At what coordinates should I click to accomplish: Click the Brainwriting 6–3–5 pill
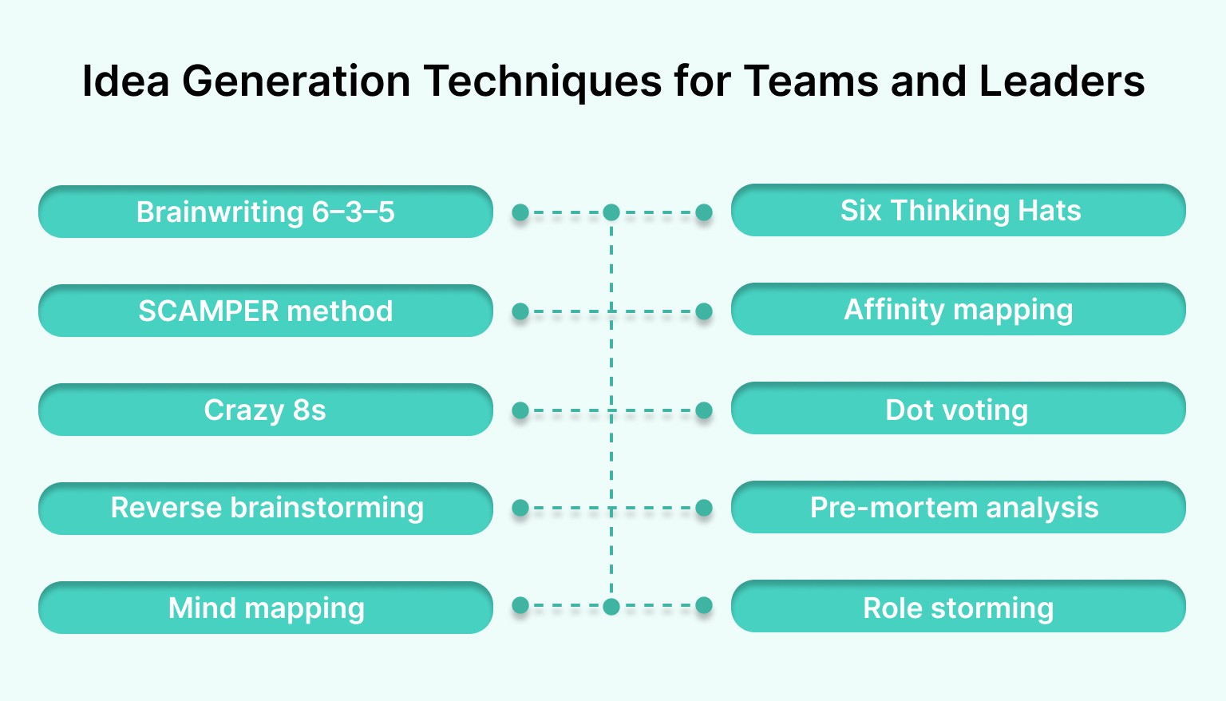click(265, 212)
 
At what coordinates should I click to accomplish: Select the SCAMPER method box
click(265, 311)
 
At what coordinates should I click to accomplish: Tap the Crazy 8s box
click(265, 410)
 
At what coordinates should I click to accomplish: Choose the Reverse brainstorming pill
click(265, 508)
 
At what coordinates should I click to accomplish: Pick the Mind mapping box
click(265, 608)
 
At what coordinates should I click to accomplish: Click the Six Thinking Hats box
click(958, 210)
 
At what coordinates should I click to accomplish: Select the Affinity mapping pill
click(958, 309)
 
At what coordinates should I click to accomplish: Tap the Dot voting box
click(958, 409)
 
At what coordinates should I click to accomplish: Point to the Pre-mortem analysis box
click(958, 507)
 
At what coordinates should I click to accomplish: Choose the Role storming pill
click(958, 607)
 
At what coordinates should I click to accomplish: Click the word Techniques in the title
click(542, 81)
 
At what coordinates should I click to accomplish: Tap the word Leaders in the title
click(1062, 81)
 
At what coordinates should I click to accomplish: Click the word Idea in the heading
click(125, 81)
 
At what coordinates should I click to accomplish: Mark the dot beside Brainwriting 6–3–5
click(520, 212)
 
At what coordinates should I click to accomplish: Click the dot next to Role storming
click(704, 606)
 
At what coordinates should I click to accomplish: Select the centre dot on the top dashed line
click(611, 212)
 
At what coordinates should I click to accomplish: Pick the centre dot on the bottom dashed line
click(611, 607)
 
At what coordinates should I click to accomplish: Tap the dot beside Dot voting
click(704, 410)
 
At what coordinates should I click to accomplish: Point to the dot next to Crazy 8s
click(520, 410)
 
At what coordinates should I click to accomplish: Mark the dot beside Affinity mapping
click(704, 311)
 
